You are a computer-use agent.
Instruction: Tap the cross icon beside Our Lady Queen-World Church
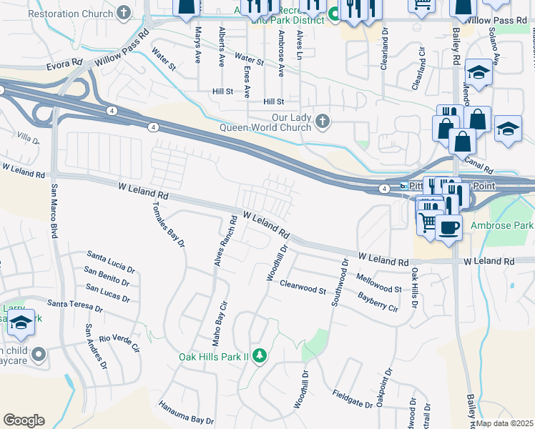click(323, 122)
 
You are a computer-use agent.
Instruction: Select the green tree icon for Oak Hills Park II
click(261, 355)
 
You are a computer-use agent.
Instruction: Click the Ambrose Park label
click(502, 225)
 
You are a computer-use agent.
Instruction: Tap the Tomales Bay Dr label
click(169, 224)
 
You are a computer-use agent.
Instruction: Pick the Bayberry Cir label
click(378, 302)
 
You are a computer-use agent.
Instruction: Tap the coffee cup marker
click(448, 227)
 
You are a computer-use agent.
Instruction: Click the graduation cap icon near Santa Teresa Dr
click(21, 323)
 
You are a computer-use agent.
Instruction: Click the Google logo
click(24, 420)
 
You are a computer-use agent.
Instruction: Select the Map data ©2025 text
click(504, 423)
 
